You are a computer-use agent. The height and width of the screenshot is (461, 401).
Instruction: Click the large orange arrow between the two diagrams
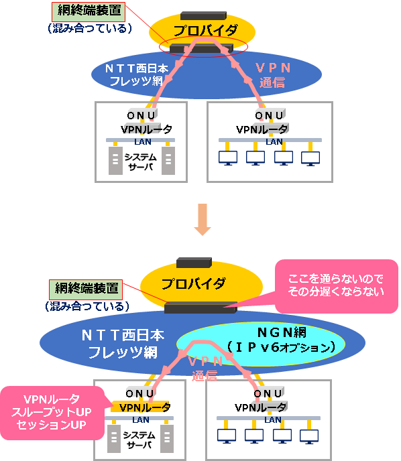pyautogui.click(x=203, y=219)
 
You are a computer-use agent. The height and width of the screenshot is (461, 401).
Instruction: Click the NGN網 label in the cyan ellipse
pyautogui.click(x=282, y=332)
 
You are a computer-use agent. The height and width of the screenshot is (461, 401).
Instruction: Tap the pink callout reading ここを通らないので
pyautogui.click(x=336, y=285)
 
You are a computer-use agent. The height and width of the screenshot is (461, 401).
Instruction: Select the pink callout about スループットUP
pyautogui.click(x=52, y=413)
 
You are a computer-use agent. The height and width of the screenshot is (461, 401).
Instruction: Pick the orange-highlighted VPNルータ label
pyautogui.click(x=144, y=407)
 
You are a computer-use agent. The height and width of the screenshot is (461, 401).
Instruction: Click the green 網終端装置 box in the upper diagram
pyautogui.click(x=89, y=12)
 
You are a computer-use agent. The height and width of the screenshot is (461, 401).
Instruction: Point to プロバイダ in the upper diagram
pyautogui.click(x=205, y=30)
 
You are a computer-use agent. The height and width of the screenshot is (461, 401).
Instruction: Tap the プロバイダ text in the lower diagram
pyautogui.click(x=194, y=283)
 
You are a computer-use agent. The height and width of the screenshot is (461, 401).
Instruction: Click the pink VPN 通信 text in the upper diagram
pyautogui.click(x=273, y=75)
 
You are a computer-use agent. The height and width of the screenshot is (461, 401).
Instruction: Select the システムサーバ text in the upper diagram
pyautogui.click(x=141, y=161)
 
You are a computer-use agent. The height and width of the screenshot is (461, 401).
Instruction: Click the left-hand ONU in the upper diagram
pyautogui.click(x=141, y=115)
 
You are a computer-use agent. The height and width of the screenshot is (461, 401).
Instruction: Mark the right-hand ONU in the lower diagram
pyautogui.click(x=268, y=393)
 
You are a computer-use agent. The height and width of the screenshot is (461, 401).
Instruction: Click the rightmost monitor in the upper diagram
pyautogui.click(x=310, y=158)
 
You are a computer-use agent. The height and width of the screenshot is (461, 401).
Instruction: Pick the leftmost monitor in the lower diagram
pyautogui.click(x=227, y=436)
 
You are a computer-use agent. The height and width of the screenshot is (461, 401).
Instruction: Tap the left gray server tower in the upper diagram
pyautogui.click(x=115, y=161)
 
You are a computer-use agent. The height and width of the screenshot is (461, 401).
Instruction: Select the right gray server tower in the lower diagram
pyautogui.click(x=167, y=439)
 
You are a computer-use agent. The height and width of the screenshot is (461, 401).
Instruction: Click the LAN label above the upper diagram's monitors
pyautogui.click(x=274, y=141)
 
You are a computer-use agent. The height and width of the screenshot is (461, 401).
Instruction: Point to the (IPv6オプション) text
pyautogui.click(x=282, y=348)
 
